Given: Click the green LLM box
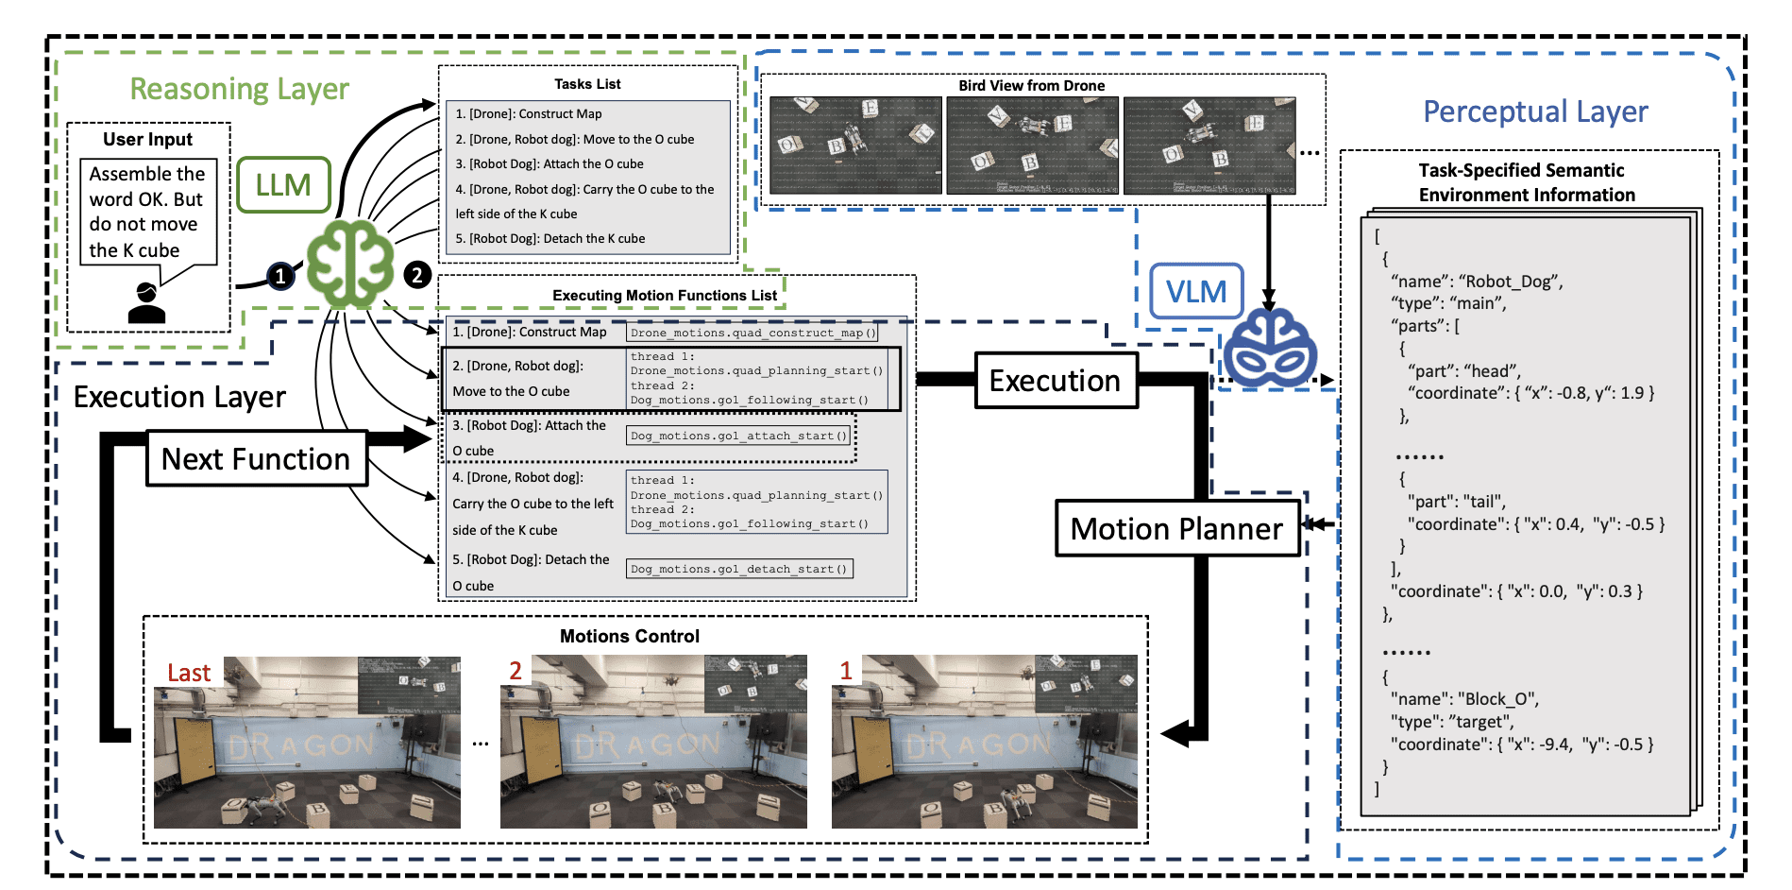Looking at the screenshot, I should click(283, 185).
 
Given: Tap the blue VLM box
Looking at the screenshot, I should click(1196, 292).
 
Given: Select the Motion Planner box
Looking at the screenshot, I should click(1177, 528).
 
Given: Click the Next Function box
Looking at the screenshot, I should click(256, 459).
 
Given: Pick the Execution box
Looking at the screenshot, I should click(1056, 381).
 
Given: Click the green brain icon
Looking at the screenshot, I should click(350, 265).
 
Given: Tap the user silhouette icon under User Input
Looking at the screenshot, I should click(146, 303).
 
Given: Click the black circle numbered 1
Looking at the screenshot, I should click(279, 276).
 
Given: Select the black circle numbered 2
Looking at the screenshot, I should click(417, 275).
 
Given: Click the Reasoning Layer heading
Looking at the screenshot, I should click(239, 89).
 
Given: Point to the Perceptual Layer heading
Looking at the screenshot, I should click(1535, 111).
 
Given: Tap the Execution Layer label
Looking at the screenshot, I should click(179, 397).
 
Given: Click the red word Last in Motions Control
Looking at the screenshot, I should click(189, 673).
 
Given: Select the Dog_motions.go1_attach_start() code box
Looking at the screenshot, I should click(739, 436).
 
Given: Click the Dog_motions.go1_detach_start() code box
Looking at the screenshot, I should click(739, 569).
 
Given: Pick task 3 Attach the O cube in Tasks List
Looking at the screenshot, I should click(549, 164).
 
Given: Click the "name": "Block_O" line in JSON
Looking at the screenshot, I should click(1463, 699).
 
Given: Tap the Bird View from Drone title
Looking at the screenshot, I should click(1031, 86).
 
